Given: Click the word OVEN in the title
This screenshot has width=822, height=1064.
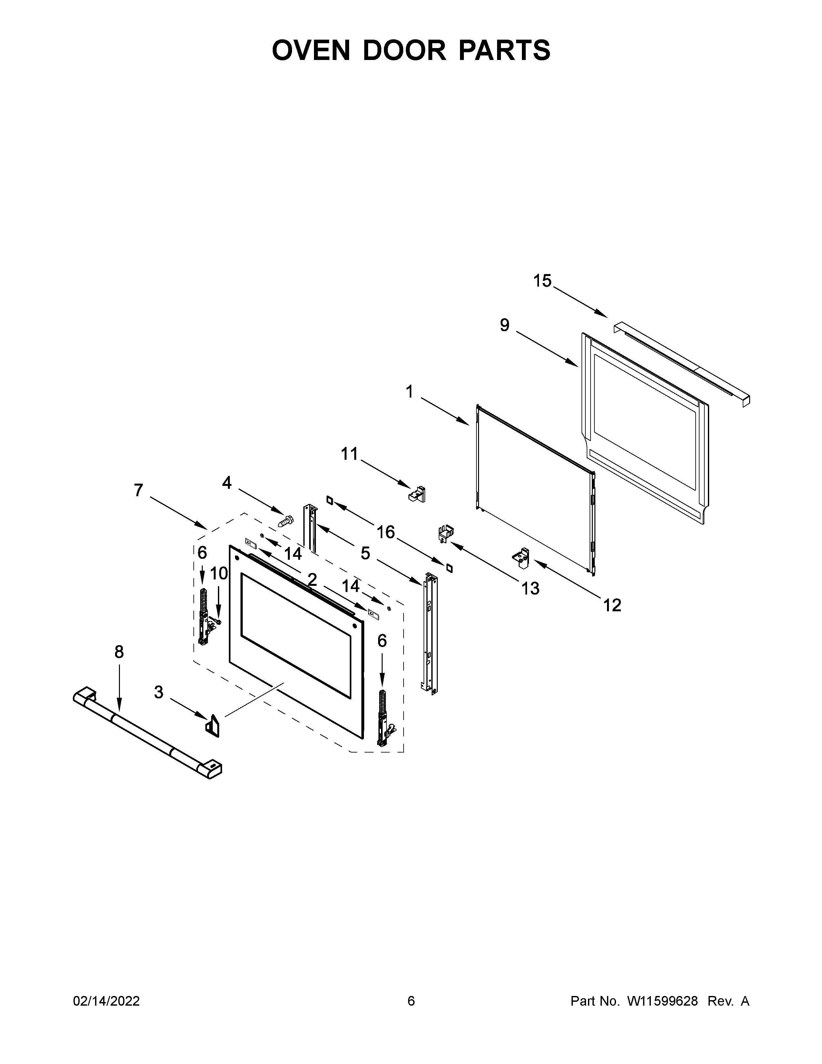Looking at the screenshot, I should click(311, 50).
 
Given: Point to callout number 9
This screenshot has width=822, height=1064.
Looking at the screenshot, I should click(504, 325).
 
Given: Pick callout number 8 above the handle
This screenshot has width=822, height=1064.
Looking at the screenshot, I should click(119, 652).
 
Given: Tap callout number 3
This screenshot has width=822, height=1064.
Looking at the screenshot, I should click(158, 692).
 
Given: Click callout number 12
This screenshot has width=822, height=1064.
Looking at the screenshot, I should click(612, 605).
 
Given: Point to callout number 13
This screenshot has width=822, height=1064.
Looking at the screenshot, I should click(530, 588).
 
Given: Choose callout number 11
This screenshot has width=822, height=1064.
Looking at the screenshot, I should click(349, 454).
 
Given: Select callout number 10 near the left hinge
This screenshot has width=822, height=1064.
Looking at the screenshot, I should click(219, 573).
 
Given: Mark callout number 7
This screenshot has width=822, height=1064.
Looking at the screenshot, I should click(139, 490).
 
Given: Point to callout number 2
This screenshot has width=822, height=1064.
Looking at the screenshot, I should click(312, 579).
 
